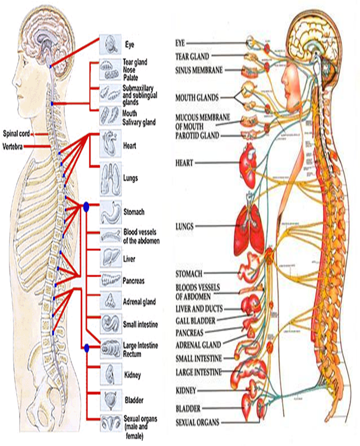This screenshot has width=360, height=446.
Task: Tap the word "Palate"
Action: pyautogui.click(x=130, y=77)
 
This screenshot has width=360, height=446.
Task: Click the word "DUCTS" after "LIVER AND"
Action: pyautogui.click(x=215, y=309)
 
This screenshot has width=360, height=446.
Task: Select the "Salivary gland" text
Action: pyautogui.click(x=139, y=122)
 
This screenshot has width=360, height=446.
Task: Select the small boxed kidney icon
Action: pyautogui.click(x=111, y=374)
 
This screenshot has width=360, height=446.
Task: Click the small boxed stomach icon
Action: pyautogui.click(x=111, y=210)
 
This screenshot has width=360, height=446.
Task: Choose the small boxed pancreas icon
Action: pyautogui.click(x=111, y=278)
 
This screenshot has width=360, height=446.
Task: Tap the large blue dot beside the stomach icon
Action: pyautogui.click(x=86, y=207)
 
